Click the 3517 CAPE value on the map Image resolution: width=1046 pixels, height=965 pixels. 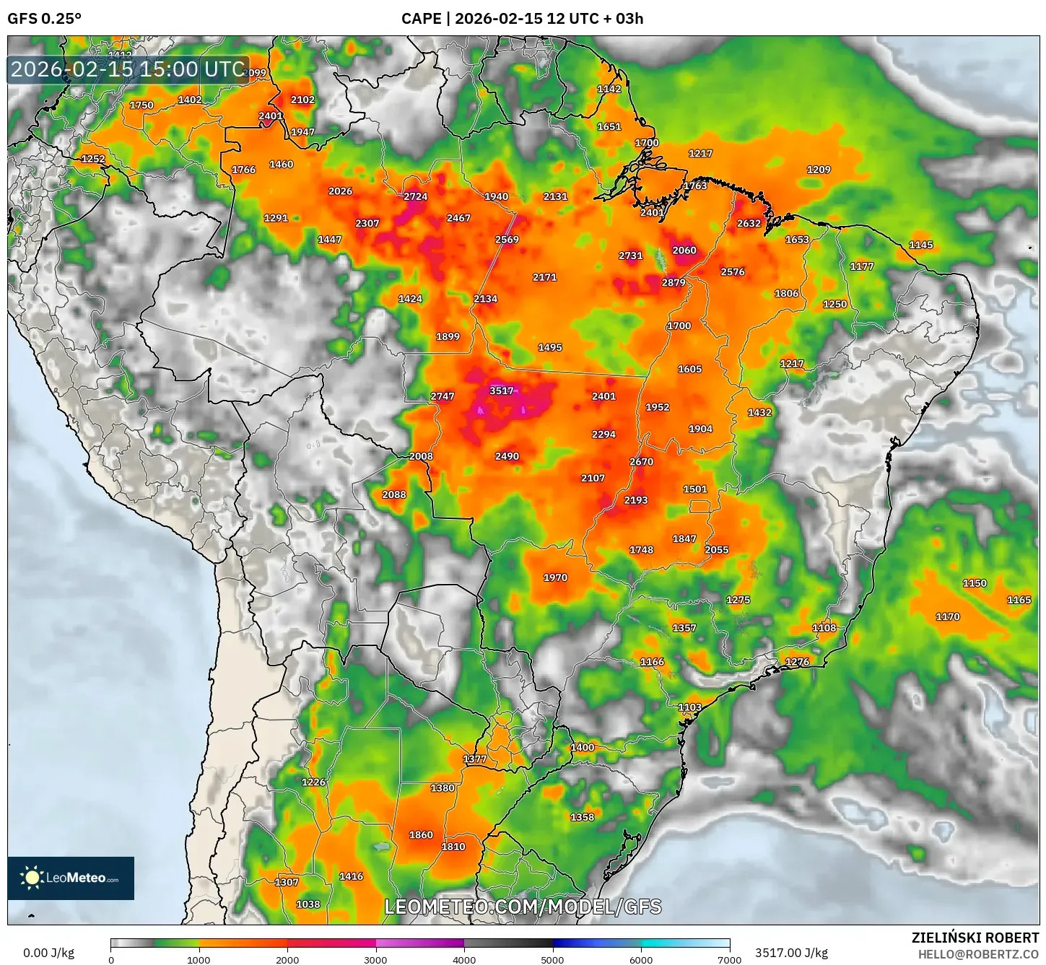pos(501,390)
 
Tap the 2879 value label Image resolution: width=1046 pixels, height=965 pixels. pos(674,282)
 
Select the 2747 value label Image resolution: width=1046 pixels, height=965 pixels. pos(443,396)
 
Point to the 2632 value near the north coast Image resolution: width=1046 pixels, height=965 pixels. pos(749,223)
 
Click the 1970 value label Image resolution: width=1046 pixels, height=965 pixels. pos(555,577)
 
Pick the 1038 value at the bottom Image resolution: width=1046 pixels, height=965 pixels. pos(308,904)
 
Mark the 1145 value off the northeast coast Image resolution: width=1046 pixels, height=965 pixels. pos(920,245)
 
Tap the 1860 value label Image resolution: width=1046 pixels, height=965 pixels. pos(421,834)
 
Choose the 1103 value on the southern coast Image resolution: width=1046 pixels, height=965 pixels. pos(689,707)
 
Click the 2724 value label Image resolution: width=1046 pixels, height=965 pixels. pos(415,196)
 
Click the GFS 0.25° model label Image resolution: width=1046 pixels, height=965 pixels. pos(44,19)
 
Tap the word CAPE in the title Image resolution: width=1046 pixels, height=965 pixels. pos(421,19)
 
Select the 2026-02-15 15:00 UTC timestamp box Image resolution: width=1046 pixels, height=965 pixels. pos(128,69)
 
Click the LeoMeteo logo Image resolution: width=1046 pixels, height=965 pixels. pos(71,878)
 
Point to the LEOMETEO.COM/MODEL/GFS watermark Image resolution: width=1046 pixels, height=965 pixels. pos(523,907)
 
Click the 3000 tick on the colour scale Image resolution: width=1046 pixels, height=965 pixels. pos(375,959)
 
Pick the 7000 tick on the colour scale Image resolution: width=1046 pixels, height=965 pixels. pos(729,959)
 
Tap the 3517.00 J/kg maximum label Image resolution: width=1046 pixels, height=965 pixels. pos(791,953)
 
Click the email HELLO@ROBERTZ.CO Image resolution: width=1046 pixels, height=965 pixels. pos(978,954)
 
